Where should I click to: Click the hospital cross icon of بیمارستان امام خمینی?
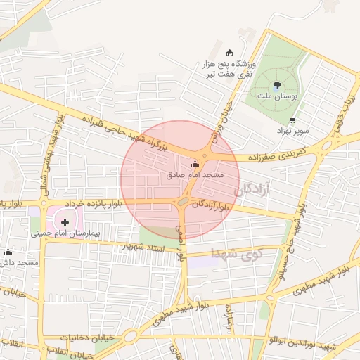66,222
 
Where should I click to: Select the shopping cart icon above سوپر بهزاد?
283,120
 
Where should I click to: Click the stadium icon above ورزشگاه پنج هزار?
229,52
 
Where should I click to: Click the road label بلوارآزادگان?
210,205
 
